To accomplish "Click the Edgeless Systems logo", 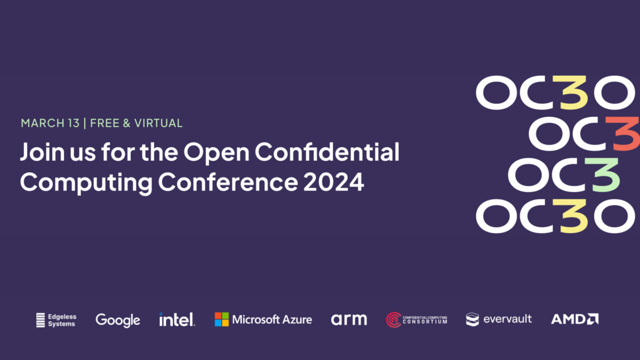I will pyautogui.click(x=57, y=320).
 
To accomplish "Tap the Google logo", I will pyautogui.click(x=118, y=320).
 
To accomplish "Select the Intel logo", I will pyautogui.click(x=177, y=319).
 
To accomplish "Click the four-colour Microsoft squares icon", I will pyautogui.click(x=221, y=319).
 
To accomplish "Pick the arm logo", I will pyautogui.click(x=349, y=319).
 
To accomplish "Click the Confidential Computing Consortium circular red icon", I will pyautogui.click(x=394, y=319).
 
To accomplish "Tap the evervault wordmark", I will pyautogui.click(x=507, y=319).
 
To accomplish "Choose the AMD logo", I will pyautogui.click(x=574, y=319).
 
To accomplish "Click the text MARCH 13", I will pyautogui.click(x=50, y=123).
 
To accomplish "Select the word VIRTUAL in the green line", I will pyautogui.click(x=158, y=123).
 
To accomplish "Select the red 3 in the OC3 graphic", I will pyautogui.click(x=625, y=133).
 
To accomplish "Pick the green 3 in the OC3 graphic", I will pyautogui.click(x=604, y=174).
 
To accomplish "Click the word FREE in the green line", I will pyautogui.click(x=104, y=123).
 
